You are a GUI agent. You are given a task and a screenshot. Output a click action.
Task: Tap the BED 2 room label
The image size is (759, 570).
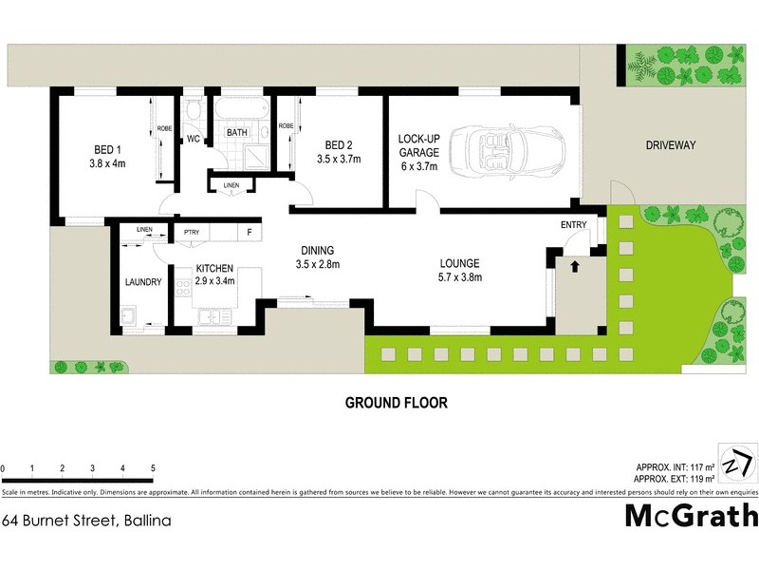339,145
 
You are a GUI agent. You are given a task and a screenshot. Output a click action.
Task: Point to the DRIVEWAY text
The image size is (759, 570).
671,145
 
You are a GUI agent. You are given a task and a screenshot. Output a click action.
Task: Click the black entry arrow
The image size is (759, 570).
573,267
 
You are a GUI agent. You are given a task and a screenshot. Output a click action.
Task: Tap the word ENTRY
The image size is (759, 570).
574,225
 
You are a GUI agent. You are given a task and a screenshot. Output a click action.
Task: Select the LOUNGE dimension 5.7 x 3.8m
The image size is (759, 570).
460,277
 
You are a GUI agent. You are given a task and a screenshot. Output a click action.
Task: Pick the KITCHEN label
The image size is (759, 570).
214,269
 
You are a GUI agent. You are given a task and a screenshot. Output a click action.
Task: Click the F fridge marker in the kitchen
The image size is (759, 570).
250,232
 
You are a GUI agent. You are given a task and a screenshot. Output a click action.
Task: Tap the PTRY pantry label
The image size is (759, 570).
191,232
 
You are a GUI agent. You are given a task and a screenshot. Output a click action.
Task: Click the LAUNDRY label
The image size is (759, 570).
143,282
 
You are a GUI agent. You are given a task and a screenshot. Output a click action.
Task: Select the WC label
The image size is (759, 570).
193,140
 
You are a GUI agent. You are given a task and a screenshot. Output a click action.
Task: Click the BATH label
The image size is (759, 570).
236,133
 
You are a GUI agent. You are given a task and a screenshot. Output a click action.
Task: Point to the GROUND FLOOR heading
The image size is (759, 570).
396,403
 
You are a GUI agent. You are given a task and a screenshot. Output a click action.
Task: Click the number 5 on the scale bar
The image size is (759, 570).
153,468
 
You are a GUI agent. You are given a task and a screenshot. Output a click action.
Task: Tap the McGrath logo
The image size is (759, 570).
691,515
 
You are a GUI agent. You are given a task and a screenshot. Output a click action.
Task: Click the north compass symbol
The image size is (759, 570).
736,465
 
